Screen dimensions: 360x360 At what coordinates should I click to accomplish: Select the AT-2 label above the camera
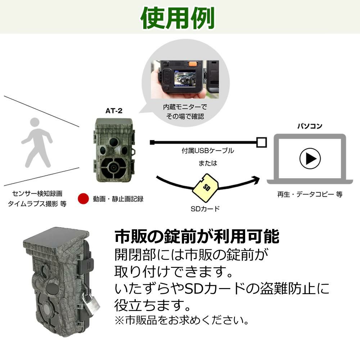click(x=114, y=111)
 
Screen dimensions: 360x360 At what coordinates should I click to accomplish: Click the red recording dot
click(x=83, y=198)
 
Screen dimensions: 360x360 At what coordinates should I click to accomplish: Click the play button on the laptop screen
click(x=310, y=158)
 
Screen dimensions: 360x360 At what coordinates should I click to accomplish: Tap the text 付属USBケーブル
click(x=208, y=151)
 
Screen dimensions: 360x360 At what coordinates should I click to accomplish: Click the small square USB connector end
click(x=262, y=142)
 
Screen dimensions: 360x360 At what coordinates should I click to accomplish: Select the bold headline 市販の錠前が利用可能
click(x=197, y=237)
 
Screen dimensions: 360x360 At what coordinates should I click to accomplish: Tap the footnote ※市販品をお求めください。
click(x=181, y=320)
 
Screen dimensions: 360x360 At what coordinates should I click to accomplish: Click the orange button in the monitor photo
click(x=193, y=64)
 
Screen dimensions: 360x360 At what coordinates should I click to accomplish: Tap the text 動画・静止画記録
click(x=118, y=199)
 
